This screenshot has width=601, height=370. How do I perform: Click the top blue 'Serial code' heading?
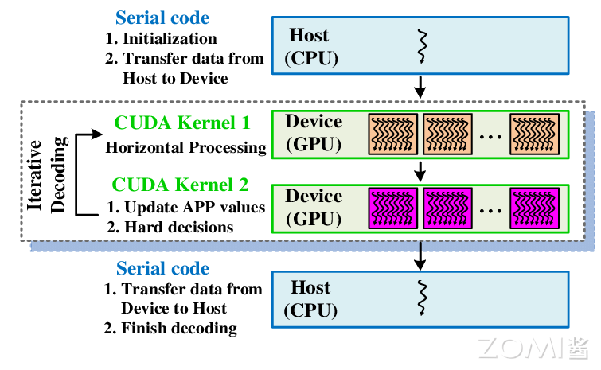[162, 18]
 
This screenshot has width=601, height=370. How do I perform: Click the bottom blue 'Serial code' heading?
[162, 268]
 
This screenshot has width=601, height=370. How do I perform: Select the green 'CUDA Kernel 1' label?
[182, 123]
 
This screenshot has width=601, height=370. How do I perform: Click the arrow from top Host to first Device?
[421, 84]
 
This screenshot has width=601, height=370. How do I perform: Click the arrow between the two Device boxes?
[421, 169]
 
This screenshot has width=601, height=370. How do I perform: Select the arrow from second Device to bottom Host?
[421, 255]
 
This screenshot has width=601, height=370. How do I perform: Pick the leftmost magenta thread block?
[392, 208]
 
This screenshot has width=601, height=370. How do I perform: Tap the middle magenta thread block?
[448, 208]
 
